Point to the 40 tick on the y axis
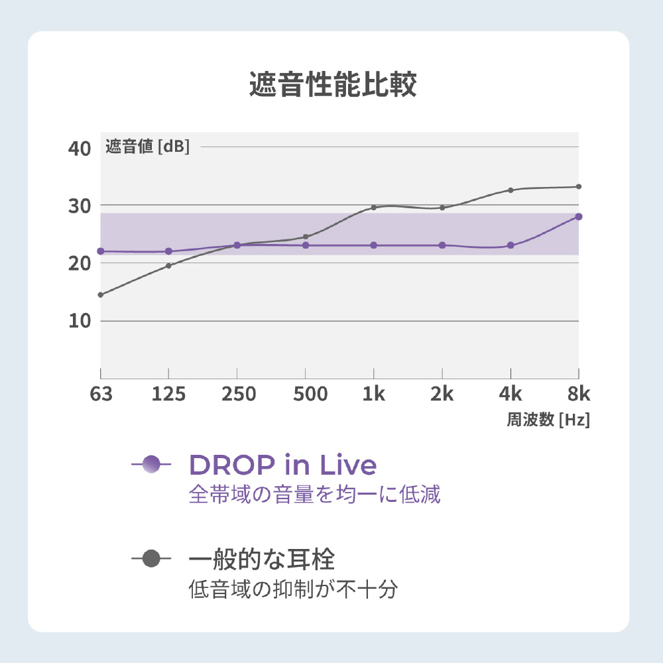[x=80, y=148]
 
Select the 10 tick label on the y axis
[x=80, y=320]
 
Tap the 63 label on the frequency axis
[x=101, y=394]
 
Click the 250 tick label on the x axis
[x=237, y=394]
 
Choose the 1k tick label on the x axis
[x=374, y=394]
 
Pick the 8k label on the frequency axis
[x=578, y=394]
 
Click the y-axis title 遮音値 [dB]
[x=148, y=147]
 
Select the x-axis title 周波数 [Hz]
[x=548, y=420]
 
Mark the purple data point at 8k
[x=579, y=217]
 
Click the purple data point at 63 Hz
[x=101, y=251]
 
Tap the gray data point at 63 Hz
[x=101, y=294]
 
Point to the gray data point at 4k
[x=511, y=190]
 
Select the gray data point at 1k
[x=374, y=208]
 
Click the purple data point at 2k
[x=442, y=245]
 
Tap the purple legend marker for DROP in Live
[x=151, y=465]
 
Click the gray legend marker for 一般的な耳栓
[x=151, y=559]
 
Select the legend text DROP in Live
[x=283, y=465]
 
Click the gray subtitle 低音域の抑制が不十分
[x=293, y=589]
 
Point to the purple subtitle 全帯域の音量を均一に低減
[x=314, y=495]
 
